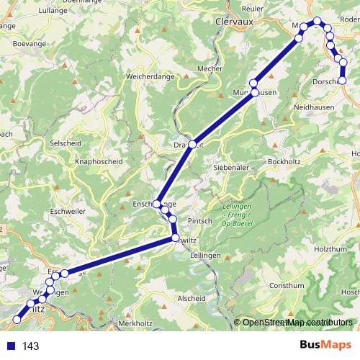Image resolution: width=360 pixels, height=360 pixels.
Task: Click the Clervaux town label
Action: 237,22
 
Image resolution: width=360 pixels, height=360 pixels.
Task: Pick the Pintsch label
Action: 200,221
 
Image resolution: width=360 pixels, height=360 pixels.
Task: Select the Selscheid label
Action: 65,143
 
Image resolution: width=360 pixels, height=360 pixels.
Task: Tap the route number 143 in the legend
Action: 30,346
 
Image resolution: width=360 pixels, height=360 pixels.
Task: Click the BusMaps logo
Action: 326,345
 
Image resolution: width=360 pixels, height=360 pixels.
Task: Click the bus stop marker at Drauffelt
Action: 192,143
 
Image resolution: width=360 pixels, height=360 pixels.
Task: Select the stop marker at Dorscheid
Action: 342,81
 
